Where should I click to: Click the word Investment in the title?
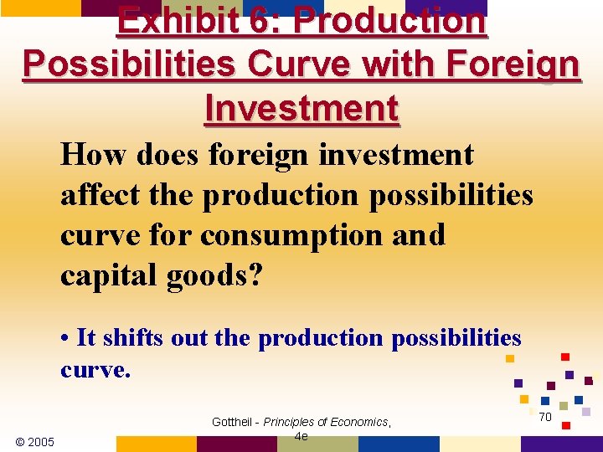pos(301,107)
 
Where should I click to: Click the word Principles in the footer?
pos(295,422)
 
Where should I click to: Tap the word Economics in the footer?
pos(360,422)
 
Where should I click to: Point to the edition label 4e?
pos(301,436)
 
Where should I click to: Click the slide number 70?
pos(544,417)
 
